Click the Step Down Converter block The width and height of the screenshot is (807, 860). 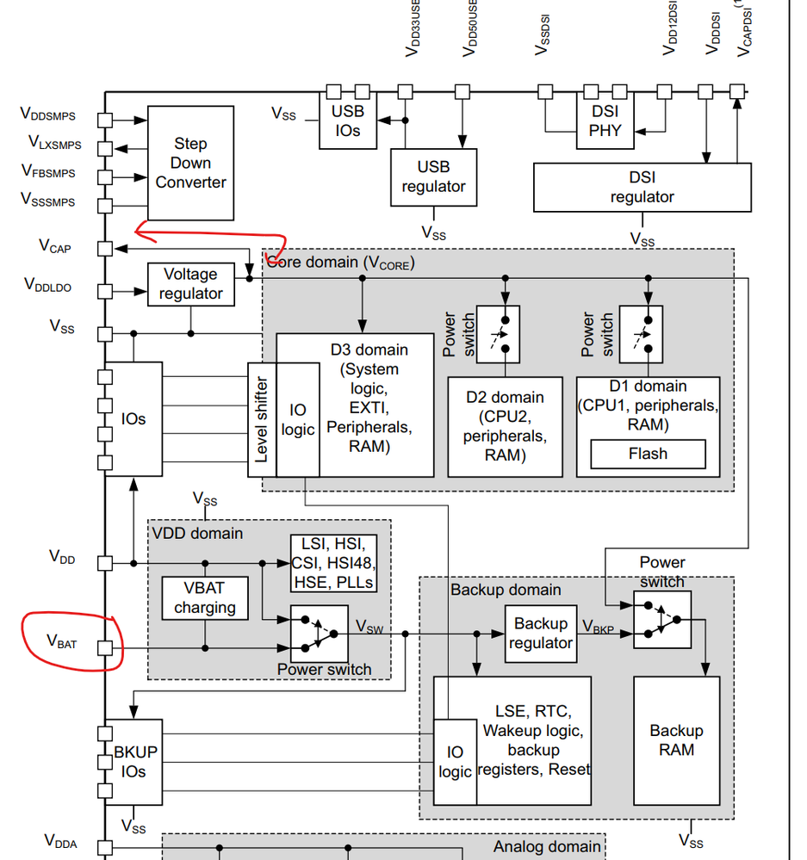[190, 163]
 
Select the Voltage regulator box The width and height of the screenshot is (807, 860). [190, 284]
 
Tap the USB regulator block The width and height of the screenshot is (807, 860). [433, 176]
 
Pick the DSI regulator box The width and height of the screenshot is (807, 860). [642, 187]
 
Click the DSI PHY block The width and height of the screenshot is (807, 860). [605, 121]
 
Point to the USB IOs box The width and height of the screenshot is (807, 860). [347, 121]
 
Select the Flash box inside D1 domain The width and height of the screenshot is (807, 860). [647, 454]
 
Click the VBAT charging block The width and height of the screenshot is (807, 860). [205, 597]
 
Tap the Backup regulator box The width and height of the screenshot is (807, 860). [540, 633]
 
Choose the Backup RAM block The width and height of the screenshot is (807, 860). [676, 740]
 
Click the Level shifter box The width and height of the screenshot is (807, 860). [262, 418]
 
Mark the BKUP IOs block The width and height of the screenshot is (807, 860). [133, 761]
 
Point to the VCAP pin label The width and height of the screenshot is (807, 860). [55, 247]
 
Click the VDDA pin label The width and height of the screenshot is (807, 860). [60, 841]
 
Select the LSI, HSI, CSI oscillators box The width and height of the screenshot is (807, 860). [332, 563]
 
